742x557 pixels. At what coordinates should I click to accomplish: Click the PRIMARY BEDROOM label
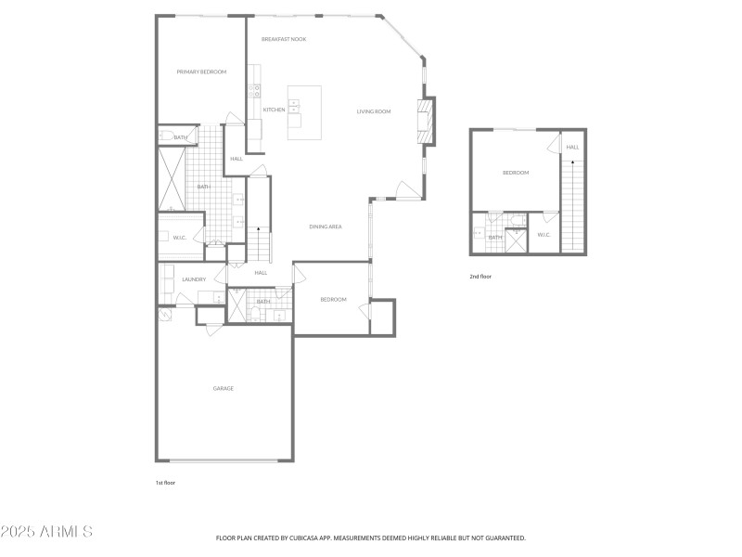click(x=201, y=71)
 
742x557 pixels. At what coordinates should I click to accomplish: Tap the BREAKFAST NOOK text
click(x=284, y=39)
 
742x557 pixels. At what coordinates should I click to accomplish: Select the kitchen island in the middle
click(x=304, y=112)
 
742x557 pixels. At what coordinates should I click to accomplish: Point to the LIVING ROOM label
click(x=374, y=111)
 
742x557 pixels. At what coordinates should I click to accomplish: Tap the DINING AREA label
click(x=326, y=227)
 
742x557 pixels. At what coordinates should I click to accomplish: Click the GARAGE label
click(x=223, y=388)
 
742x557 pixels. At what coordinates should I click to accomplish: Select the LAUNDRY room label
click(x=194, y=279)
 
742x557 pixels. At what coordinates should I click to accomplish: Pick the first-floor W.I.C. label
click(x=180, y=238)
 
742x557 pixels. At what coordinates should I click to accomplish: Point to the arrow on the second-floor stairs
click(x=572, y=163)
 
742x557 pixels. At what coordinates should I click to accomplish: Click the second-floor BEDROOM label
click(x=516, y=173)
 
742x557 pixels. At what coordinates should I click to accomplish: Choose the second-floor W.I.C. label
click(x=544, y=234)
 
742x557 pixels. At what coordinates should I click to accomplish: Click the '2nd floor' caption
click(x=480, y=277)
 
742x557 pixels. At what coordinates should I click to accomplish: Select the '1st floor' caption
click(x=164, y=483)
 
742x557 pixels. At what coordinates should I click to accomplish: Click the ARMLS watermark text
click(x=46, y=532)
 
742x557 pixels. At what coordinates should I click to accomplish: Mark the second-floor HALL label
click(x=572, y=147)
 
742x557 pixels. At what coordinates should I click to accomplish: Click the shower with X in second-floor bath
click(x=516, y=239)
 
